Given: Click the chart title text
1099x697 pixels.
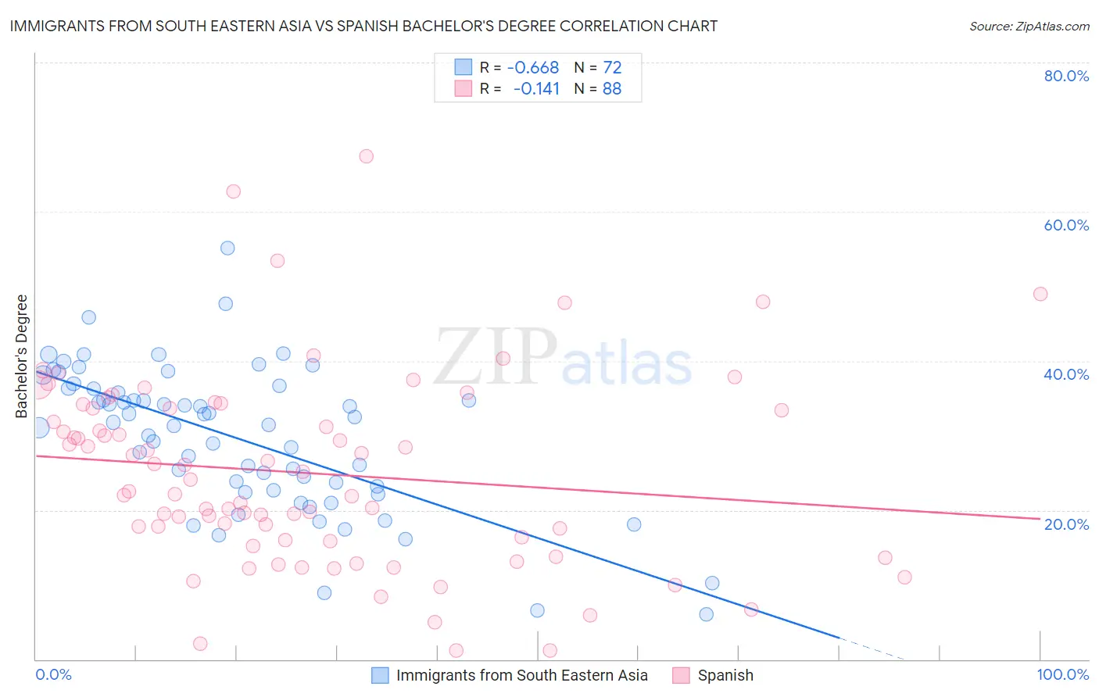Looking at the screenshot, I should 363,26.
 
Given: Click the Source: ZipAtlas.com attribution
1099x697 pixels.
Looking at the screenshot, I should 1029,26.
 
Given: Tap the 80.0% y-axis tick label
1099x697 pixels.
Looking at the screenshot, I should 1066,76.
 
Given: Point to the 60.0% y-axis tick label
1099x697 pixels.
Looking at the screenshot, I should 1066,225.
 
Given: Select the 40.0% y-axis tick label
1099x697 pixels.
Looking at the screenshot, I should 1066,374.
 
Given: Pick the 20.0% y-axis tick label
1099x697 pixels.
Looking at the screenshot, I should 1066,524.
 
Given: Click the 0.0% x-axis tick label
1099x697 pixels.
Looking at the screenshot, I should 53,674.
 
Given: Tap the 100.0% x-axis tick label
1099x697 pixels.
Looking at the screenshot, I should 1062,674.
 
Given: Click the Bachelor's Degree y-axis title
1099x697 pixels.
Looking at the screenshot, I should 22,356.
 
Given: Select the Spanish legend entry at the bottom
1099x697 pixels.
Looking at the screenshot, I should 725,675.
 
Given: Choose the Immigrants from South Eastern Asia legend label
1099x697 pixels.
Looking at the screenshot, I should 521,675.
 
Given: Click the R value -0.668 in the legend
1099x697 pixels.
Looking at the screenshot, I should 533,68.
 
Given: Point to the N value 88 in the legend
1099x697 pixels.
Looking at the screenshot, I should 612,89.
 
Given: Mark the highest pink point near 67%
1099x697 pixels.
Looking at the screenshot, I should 366,156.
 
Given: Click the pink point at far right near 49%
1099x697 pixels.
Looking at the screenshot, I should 1040,294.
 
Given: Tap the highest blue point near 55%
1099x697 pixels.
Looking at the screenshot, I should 227,248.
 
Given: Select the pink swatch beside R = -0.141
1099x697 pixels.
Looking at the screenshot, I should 464,89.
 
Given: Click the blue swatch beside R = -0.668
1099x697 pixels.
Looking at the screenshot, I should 464,68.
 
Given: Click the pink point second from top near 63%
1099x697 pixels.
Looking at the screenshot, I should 233,191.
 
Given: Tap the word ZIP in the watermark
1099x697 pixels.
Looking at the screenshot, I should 496,356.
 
